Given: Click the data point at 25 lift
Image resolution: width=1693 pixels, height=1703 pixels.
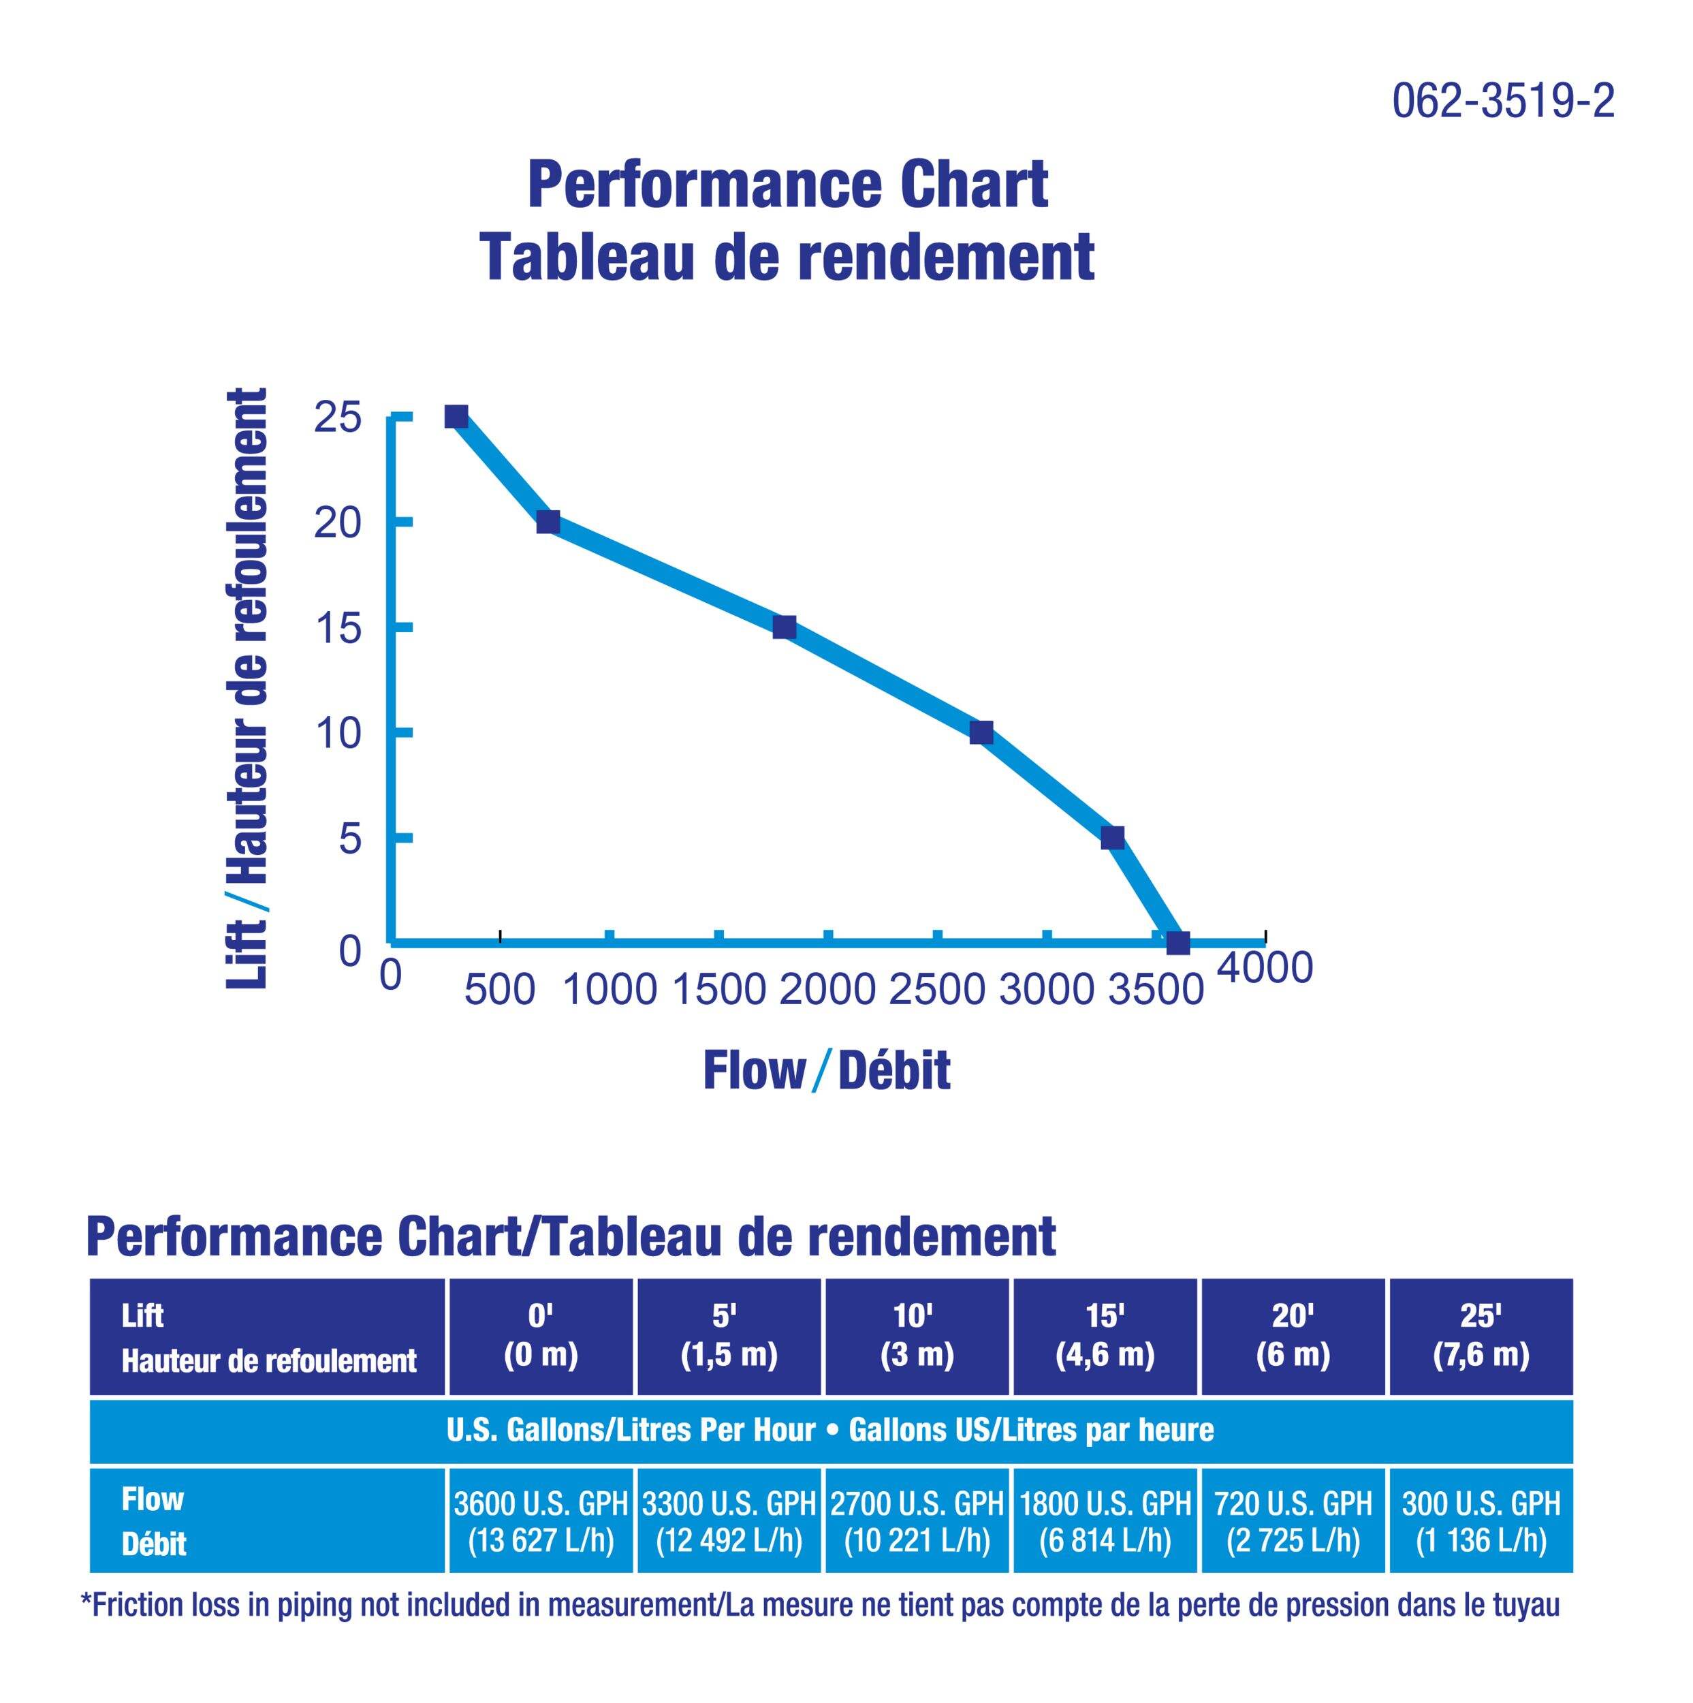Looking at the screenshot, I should click(456, 416).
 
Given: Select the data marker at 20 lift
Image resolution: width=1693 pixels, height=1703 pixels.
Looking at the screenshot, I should click(548, 522).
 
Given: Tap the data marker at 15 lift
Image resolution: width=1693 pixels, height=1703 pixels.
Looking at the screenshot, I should click(783, 627).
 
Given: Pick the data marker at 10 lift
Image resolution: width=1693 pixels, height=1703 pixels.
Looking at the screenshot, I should click(981, 732).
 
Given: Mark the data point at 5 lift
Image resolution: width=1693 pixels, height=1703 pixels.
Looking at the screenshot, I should click(1112, 837).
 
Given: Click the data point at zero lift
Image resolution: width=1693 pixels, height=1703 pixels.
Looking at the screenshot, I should click(1177, 942).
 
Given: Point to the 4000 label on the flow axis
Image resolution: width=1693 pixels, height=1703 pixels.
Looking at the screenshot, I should click(1265, 967).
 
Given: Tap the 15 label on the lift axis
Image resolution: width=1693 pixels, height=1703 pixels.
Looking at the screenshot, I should click(338, 629).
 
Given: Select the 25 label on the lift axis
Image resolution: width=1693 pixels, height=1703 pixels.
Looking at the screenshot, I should click(338, 418).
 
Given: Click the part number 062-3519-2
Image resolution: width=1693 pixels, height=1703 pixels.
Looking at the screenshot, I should click(1502, 102).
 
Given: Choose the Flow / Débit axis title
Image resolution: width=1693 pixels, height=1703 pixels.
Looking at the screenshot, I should click(826, 1071).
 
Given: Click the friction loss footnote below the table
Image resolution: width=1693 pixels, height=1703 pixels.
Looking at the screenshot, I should click(820, 1605).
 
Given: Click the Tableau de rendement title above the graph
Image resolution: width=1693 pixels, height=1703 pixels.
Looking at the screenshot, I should click(787, 257).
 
